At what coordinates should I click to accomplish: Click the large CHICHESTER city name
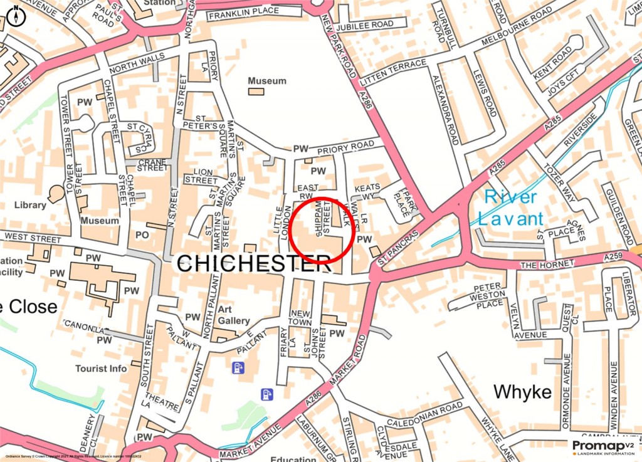(253, 263)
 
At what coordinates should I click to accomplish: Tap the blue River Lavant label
(510, 208)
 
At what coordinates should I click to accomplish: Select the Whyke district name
(522, 392)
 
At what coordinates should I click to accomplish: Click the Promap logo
(602, 447)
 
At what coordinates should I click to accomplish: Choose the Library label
(30, 205)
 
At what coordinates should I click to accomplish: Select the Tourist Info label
(101, 369)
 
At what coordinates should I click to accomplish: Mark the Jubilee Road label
(364, 26)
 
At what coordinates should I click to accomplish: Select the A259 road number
(614, 257)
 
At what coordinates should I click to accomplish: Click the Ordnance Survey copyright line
(72, 457)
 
